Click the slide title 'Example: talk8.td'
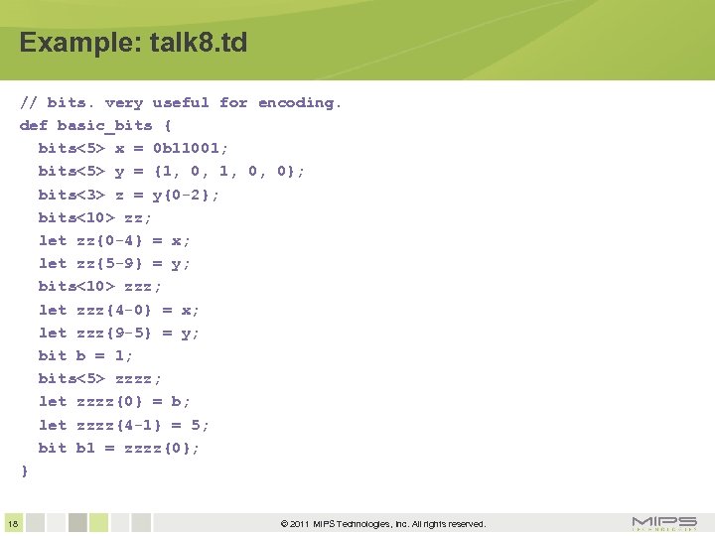(133, 44)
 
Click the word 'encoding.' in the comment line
(300, 102)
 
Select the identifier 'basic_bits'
(104, 125)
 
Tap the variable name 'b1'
(85, 448)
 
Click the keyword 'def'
(34, 125)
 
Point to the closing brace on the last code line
(25, 470)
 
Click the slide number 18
(12, 523)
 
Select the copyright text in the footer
(382, 523)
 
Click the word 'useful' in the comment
(181, 102)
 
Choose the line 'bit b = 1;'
(85, 355)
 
